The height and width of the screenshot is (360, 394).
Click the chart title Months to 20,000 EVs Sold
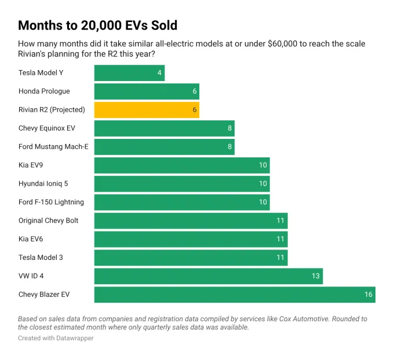[x=97, y=25]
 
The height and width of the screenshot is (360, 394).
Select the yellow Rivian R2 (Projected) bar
[x=147, y=110]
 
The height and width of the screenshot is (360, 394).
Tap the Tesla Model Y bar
[x=129, y=73]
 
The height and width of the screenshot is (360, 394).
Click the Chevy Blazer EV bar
[x=235, y=295]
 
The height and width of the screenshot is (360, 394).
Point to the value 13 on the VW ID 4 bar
[x=315, y=276]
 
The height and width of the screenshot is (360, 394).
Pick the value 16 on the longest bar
[x=368, y=295]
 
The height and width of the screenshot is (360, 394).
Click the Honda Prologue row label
[x=44, y=91]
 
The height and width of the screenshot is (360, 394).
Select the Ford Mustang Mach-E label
[x=53, y=146]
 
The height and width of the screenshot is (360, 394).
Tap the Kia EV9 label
[x=31, y=165]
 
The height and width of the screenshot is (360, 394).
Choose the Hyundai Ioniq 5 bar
[x=182, y=183]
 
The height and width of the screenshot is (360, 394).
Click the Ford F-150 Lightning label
[x=51, y=202]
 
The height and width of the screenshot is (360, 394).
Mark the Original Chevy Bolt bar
[x=191, y=221]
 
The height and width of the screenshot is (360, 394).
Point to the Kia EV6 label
[x=31, y=239]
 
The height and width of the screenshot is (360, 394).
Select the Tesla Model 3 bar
[x=191, y=258]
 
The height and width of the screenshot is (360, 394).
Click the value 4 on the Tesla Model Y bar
[x=159, y=73]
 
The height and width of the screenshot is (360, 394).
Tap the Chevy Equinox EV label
[x=47, y=128]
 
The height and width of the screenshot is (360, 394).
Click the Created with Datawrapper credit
[x=56, y=338]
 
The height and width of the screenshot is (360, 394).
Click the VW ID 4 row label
[x=31, y=276]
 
